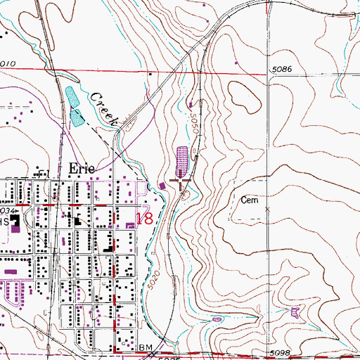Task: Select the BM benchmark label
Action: [146, 347]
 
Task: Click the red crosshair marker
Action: [182, 185]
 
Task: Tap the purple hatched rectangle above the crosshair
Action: [182, 160]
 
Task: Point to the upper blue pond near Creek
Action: [71, 96]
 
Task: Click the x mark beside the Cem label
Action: [266, 209]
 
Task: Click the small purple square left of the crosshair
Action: [163, 186]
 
